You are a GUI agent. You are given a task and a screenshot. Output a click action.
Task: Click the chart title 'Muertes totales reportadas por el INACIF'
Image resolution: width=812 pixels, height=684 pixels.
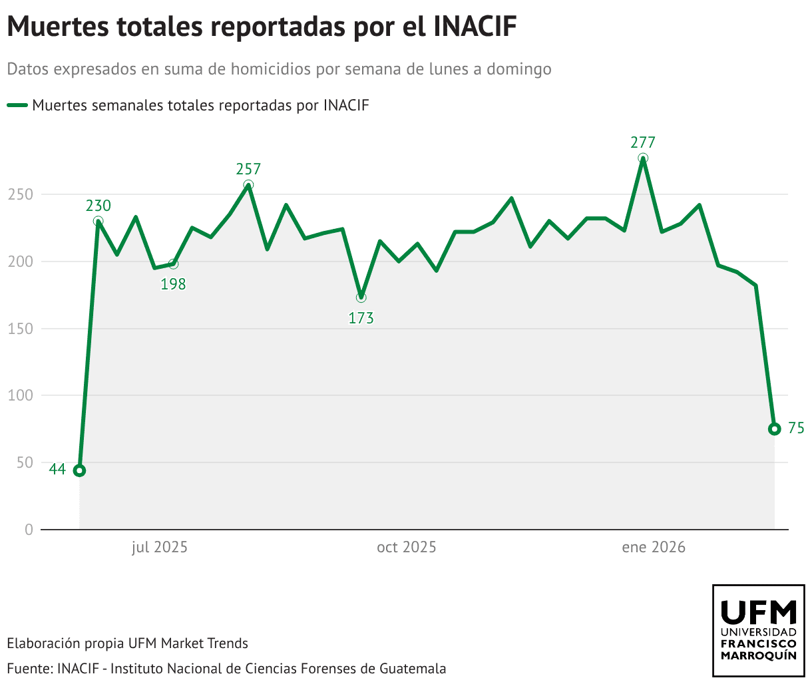coord(262,27)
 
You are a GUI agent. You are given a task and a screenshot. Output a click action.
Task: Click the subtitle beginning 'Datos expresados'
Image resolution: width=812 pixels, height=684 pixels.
coord(280,69)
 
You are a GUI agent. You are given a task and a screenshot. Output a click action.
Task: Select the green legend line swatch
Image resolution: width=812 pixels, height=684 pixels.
coord(17,105)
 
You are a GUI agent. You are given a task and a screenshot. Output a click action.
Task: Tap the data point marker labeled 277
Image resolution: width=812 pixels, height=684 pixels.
coord(643,158)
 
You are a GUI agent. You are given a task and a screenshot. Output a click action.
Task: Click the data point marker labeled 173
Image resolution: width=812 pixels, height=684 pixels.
coord(361,297)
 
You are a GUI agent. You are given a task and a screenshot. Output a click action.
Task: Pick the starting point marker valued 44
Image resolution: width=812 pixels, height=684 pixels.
coord(79,470)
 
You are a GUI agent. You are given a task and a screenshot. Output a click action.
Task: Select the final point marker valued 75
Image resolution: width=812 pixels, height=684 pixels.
coord(774,429)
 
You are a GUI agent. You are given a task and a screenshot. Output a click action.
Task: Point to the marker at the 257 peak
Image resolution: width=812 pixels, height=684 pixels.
coord(248,185)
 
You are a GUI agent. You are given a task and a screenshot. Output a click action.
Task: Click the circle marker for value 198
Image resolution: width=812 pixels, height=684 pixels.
coord(174,264)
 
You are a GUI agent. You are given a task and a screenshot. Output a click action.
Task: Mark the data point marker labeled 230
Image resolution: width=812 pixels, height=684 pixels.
coord(98,222)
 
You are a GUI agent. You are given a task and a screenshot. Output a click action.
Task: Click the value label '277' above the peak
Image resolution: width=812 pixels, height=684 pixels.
coord(643,142)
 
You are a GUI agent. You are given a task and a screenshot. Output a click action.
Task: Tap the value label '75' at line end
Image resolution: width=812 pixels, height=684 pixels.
coord(796,428)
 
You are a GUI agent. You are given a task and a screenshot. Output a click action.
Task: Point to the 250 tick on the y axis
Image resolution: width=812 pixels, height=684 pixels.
coord(20,194)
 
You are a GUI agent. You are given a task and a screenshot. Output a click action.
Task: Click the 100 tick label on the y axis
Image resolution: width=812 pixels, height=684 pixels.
coord(20,395)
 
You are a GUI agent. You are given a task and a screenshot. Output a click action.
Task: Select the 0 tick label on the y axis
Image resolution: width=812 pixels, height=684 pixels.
coord(29,530)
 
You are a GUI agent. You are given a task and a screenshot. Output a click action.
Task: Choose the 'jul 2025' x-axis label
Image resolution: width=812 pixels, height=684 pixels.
coord(160,548)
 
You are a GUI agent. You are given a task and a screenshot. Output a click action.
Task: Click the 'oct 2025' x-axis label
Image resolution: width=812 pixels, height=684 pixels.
coord(407,548)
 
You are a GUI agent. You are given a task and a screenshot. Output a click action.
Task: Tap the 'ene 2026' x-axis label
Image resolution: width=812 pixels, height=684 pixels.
coord(654,548)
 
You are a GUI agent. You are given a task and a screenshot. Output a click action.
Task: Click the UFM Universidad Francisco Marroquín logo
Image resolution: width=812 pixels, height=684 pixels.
coord(758,630)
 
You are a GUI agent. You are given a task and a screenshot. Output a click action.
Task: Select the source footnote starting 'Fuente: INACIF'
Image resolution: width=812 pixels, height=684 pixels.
coord(226,668)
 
